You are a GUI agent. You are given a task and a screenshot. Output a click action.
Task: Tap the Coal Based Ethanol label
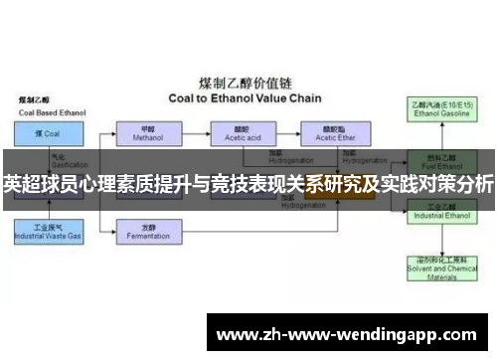point(44,111)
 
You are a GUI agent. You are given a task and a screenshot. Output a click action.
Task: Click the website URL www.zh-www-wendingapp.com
point(351,334)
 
